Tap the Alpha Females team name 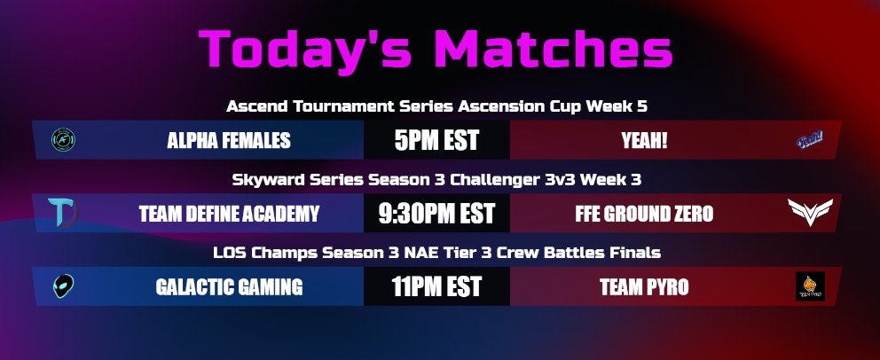pyautogui.click(x=229, y=140)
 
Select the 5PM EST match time pyautogui.click(x=436, y=140)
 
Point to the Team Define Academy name pyautogui.click(x=229, y=214)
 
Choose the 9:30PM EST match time pyautogui.click(x=436, y=214)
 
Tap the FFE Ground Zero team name pyautogui.click(x=656, y=214)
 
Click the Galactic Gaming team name pyautogui.click(x=229, y=287)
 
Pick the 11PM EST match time pyautogui.click(x=436, y=287)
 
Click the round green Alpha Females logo pyautogui.click(x=63, y=139)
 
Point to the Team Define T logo pyautogui.click(x=64, y=213)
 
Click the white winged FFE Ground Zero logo pyautogui.click(x=811, y=212)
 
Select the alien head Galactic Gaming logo pyautogui.click(x=62, y=286)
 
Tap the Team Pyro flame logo pyautogui.click(x=810, y=286)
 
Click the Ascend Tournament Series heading pyautogui.click(x=436, y=106)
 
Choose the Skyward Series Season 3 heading pyautogui.click(x=436, y=179)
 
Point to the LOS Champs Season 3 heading pyautogui.click(x=436, y=253)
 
